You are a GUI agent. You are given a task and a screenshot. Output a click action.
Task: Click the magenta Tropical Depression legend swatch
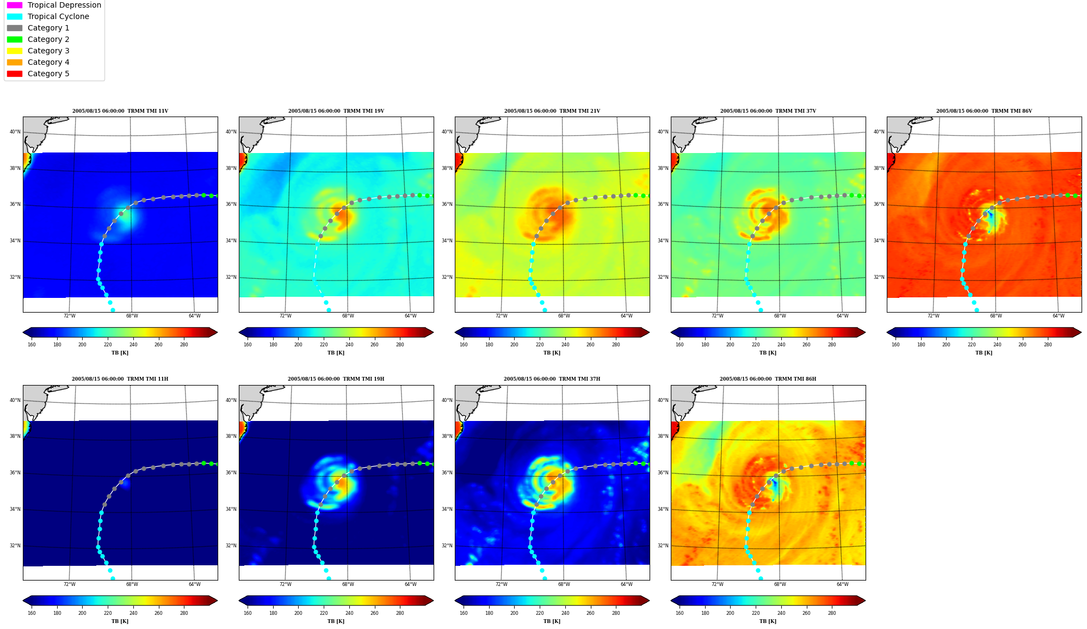[15, 5]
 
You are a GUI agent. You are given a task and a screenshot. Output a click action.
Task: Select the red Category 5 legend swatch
[15, 74]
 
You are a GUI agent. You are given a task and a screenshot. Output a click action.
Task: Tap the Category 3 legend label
[48, 51]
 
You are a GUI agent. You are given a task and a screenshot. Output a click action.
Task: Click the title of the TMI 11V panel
[120, 111]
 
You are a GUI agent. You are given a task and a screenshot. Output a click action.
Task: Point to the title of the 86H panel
[768, 379]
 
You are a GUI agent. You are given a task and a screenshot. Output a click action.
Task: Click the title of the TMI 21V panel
[552, 111]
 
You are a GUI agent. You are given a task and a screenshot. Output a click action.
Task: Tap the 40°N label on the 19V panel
[231, 132]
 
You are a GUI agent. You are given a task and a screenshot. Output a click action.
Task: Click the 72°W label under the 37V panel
[717, 316]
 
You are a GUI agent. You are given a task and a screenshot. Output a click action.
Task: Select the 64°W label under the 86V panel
[1058, 316]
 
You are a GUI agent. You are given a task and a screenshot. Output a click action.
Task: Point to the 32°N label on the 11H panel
[15, 546]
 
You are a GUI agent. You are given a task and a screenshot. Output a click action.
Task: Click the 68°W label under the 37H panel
[564, 584]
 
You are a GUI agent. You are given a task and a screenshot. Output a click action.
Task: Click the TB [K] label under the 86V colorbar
[984, 353]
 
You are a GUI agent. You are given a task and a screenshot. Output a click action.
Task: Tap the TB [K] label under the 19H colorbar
[336, 621]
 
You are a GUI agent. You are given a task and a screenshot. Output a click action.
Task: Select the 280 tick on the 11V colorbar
[184, 344]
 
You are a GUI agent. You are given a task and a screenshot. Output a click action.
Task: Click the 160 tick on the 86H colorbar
[680, 613]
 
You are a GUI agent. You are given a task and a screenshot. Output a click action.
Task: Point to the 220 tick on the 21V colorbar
[540, 344]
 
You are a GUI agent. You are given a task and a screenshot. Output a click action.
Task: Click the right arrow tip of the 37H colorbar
[649, 601]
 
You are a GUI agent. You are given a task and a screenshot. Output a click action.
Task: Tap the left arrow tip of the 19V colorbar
[239, 332]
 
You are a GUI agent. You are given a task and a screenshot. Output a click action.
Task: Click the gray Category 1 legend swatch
[15, 28]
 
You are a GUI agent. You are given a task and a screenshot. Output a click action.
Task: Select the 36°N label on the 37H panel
[447, 473]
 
